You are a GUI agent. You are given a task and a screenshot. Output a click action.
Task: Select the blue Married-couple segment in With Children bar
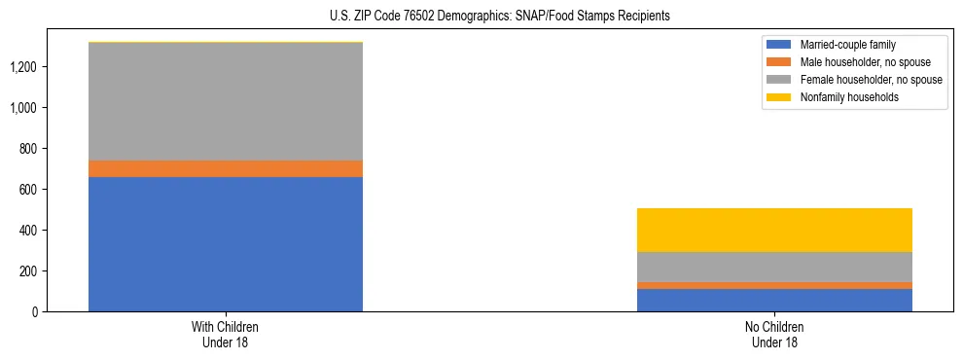coord(226,243)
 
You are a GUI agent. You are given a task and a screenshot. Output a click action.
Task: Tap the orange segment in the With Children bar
coord(226,168)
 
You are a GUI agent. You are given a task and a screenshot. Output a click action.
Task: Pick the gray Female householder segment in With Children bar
coord(226,101)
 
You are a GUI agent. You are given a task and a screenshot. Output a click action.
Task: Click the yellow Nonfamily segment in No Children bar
coord(774,230)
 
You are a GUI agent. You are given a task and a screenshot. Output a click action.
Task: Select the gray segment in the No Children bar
coord(774,267)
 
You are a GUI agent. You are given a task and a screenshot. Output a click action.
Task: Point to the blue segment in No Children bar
coord(774,300)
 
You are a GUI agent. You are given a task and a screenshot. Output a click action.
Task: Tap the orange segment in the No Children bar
coord(774,285)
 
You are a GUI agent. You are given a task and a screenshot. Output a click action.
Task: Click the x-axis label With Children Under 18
coord(226,335)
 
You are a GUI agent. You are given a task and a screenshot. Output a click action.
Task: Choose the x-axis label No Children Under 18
coord(774,335)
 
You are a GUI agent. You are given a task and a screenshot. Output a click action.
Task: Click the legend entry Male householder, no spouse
coord(857,62)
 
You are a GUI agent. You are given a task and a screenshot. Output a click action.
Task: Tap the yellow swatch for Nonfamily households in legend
coord(779,97)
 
